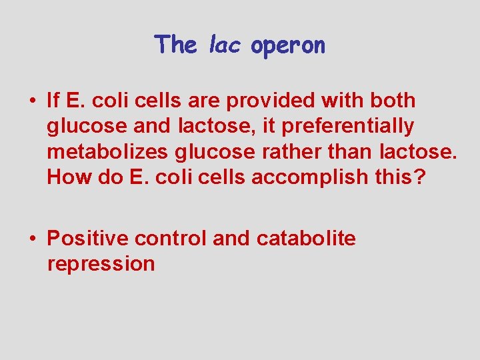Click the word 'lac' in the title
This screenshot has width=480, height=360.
click(227, 45)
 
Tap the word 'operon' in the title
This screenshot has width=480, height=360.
click(288, 46)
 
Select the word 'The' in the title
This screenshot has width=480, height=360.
click(176, 45)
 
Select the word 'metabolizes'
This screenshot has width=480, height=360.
click(108, 152)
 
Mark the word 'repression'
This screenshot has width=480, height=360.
click(101, 263)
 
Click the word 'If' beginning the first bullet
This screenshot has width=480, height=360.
click(54, 101)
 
